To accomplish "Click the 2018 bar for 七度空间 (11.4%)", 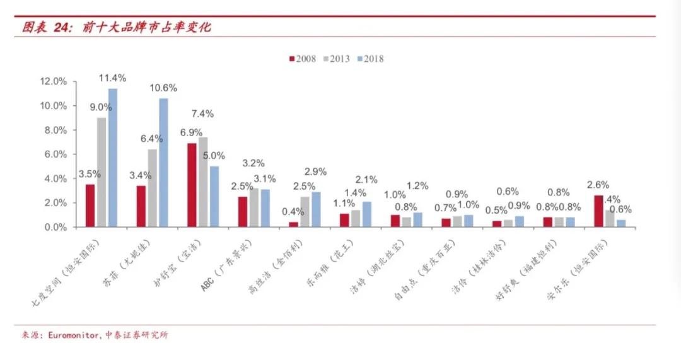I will point(113,158).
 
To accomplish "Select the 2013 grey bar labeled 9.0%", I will point(102,172).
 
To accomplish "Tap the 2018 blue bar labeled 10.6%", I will point(163,163).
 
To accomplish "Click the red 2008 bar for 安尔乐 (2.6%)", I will point(598,211).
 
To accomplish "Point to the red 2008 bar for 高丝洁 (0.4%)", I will point(293,224).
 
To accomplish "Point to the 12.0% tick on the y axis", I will point(53,82).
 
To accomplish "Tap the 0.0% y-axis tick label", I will point(55,227).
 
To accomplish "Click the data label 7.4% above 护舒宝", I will point(203,113).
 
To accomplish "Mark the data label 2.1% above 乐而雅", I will point(366,179).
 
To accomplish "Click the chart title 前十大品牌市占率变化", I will point(148,27).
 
